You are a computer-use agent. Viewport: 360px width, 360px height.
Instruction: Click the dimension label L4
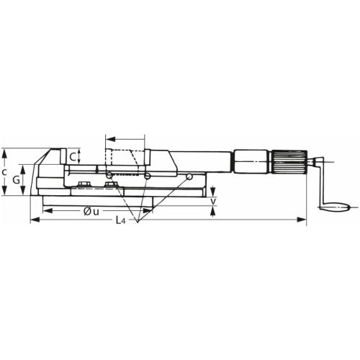(120, 221)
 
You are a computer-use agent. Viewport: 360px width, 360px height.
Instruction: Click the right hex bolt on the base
(112, 186)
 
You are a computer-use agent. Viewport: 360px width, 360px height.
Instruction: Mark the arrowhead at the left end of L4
(33, 222)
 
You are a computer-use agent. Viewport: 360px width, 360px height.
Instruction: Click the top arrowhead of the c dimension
(6, 151)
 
